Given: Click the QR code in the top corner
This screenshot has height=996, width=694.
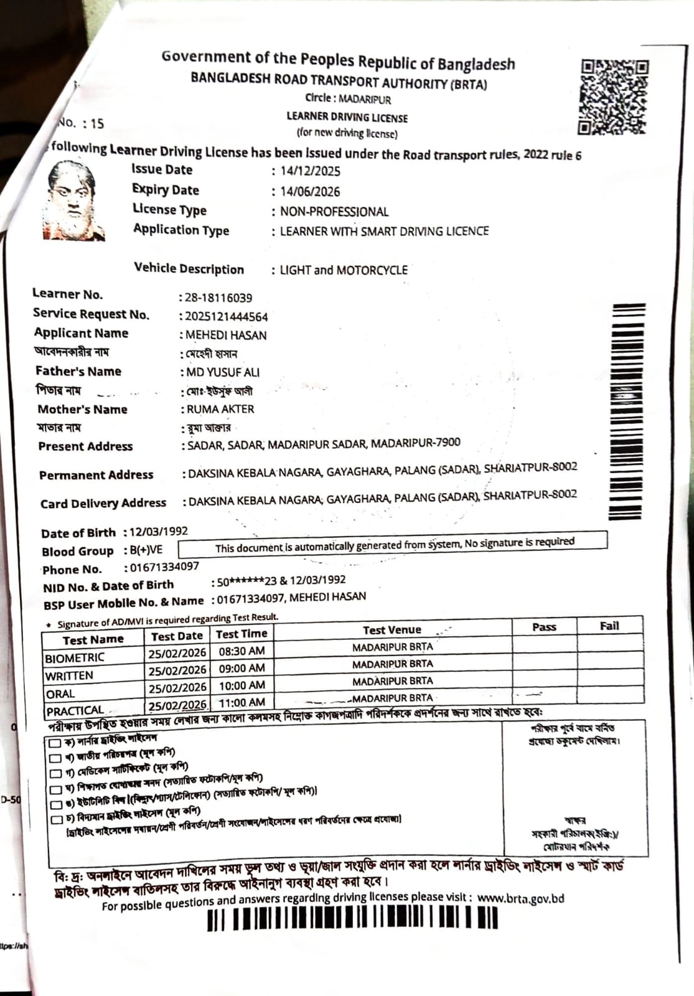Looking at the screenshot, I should point(614,96).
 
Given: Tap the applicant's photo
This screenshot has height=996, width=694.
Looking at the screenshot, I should point(74,200).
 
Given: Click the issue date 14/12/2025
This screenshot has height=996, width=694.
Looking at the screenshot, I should point(310,171).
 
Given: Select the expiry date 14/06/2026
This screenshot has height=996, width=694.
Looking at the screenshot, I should point(310,192).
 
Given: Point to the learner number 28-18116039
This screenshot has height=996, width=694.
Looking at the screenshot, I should point(218,298).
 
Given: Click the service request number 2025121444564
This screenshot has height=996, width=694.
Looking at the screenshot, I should point(227,317).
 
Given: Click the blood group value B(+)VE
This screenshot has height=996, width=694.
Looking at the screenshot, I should point(146,550).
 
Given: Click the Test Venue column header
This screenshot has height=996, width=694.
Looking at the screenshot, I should point(392,630).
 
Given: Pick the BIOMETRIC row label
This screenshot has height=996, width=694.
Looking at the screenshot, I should point(75,657).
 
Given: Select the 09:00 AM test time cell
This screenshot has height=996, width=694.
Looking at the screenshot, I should point(241,668).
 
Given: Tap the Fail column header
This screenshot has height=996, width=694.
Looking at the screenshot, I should point(609,626).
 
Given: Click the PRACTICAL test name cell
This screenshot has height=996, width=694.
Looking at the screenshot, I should point(75,710).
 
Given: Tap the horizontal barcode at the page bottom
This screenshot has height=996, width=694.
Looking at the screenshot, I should point(352,918).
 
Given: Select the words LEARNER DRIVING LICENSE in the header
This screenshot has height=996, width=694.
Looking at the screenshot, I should point(347,117).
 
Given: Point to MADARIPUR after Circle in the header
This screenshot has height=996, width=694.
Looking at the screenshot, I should point(365,99).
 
